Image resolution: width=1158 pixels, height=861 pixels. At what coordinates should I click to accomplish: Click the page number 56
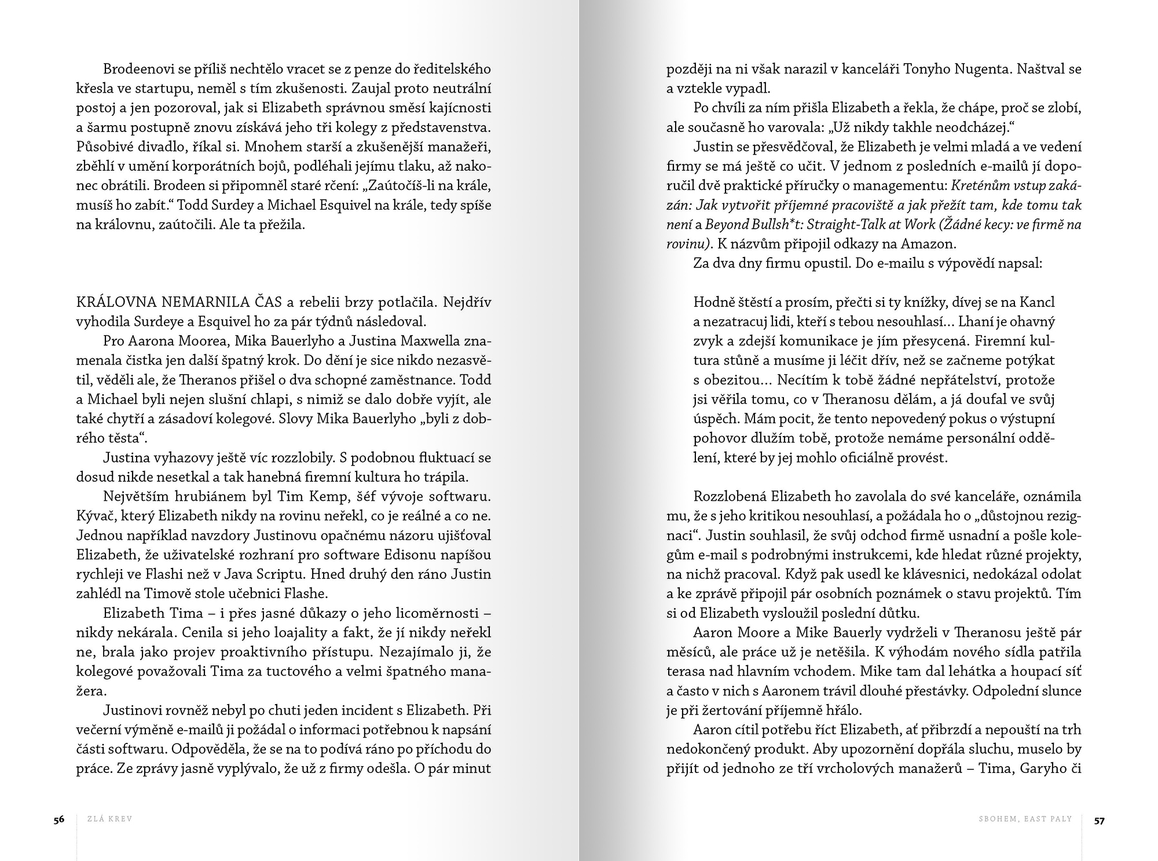tap(58, 819)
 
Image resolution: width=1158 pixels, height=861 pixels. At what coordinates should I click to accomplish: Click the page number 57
tap(1099, 819)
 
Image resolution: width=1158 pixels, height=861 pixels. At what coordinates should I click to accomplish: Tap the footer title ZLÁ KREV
tap(109, 819)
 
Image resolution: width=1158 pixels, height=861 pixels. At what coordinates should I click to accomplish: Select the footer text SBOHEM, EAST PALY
tap(1025, 819)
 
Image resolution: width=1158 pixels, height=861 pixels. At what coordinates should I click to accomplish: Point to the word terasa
tap(684, 671)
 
